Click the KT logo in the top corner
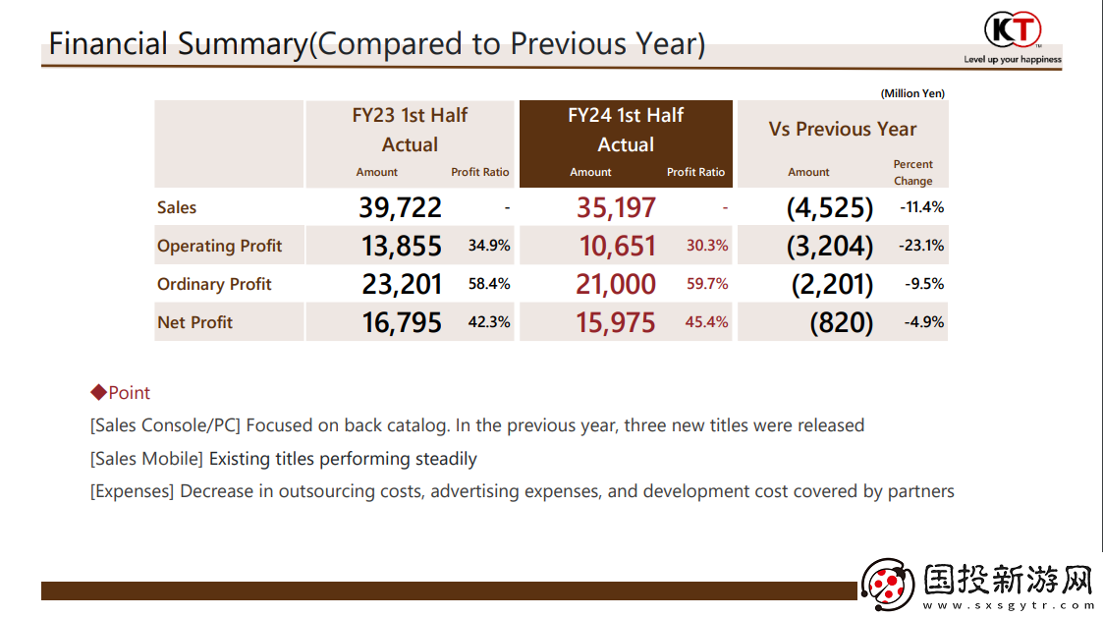click(1012, 29)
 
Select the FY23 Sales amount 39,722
click(401, 207)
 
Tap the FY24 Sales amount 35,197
click(616, 207)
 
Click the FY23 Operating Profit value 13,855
click(401, 246)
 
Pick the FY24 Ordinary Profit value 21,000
click(616, 284)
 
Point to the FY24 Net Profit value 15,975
click(616, 322)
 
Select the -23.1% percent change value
click(920, 246)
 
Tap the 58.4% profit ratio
click(489, 284)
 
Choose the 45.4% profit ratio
click(706, 322)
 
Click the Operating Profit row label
click(219, 246)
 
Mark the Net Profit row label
click(194, 322)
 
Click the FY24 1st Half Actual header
click(626, 130)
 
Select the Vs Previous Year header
click(842, 129)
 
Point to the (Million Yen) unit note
click(912, 93)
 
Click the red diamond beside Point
click(97, 393)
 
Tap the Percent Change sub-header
click(912, 172)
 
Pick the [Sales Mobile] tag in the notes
click(147, 459)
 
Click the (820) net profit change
click(841, 322)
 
